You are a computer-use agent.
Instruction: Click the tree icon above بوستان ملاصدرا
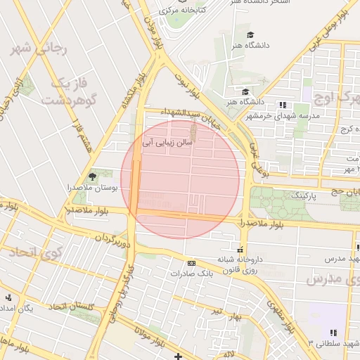click(91, 176)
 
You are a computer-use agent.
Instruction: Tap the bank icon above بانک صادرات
click(191, 263)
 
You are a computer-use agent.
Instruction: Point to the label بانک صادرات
click(191, 273)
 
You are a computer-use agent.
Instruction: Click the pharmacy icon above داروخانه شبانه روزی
click(241, 250)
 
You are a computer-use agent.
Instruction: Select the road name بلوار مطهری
click(280, 315)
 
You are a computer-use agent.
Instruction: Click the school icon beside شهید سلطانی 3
click(333, 333)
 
